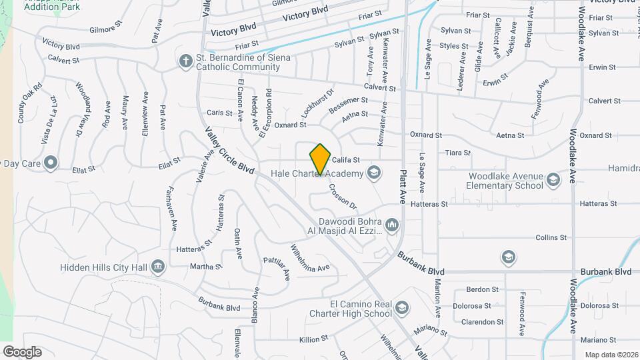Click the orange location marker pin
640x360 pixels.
pyautogui.click(x=321, y=159)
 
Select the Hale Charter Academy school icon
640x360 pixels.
pyautogui.click(x=374, y=174)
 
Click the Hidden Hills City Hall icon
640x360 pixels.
pyautogui.click(x=158, y=267)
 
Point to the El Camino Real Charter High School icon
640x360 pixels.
pyautogui.click(x=401, y=308)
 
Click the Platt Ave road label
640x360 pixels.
pyautogui.click(x=403, y=186)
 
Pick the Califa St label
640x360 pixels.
pyautogui.click(x=346, y=160)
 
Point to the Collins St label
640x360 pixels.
pyautogui.click(x=551, y=237)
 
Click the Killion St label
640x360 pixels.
pyautogui.click(x=314, y=339)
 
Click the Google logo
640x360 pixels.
pyautogui.click(x=22, y=351)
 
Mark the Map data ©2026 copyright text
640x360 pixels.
pyautogui.click(x=610, y=355)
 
